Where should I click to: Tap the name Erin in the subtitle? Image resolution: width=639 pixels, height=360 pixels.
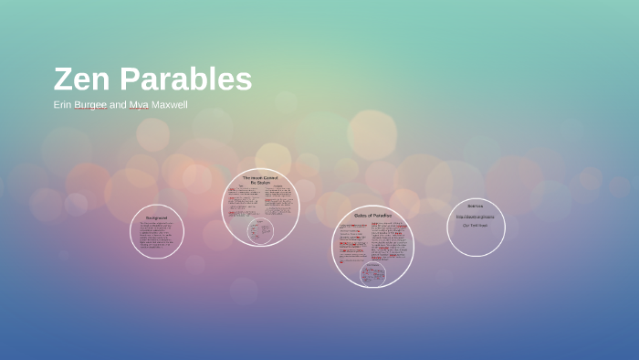pos(62,105)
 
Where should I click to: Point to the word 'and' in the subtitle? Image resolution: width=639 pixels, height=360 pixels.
pos(118,105)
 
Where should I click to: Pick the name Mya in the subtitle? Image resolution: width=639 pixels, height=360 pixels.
pos(139,105)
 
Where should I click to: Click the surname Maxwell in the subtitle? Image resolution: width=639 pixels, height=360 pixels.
pos(171,105)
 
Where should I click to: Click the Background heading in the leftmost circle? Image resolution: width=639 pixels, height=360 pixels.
pos(157,218)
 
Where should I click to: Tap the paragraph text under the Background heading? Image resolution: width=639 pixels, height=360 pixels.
pos(157,236)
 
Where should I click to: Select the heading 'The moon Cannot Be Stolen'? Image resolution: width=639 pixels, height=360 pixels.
pos(261,179)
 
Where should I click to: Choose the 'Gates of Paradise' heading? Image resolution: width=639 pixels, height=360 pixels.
pos(372,215)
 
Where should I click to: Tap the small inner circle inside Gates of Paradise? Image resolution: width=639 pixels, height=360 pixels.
pos(372,272)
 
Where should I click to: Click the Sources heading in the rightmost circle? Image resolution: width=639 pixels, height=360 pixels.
pos(476,206)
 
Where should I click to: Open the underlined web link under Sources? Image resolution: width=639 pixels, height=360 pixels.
pos(476,217)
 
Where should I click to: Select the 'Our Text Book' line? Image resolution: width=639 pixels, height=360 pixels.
pos(475,225)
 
